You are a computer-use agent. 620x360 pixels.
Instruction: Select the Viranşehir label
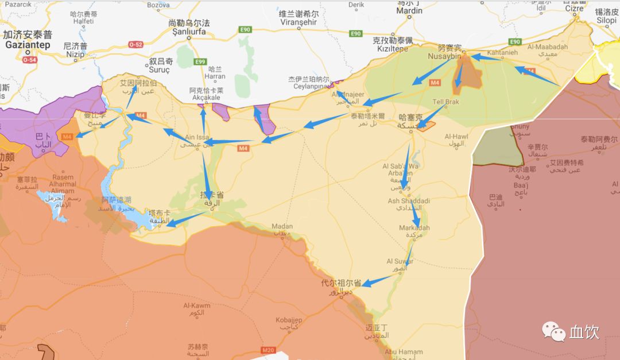[299, 23]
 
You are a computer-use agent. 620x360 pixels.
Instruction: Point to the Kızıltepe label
[393, 50]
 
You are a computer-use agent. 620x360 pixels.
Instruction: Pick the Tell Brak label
[446, 102]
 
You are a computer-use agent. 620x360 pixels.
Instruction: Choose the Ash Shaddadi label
[409, 201]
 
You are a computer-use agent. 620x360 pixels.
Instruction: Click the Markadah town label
[414, 228]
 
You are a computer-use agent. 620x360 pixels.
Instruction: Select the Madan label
[282, 226]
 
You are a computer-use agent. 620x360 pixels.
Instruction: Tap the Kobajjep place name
[289, 319]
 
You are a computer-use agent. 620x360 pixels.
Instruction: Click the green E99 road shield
[200, 62]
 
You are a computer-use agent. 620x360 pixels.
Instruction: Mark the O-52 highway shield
[135, 44]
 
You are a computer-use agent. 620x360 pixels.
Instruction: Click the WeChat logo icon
[554, 331]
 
